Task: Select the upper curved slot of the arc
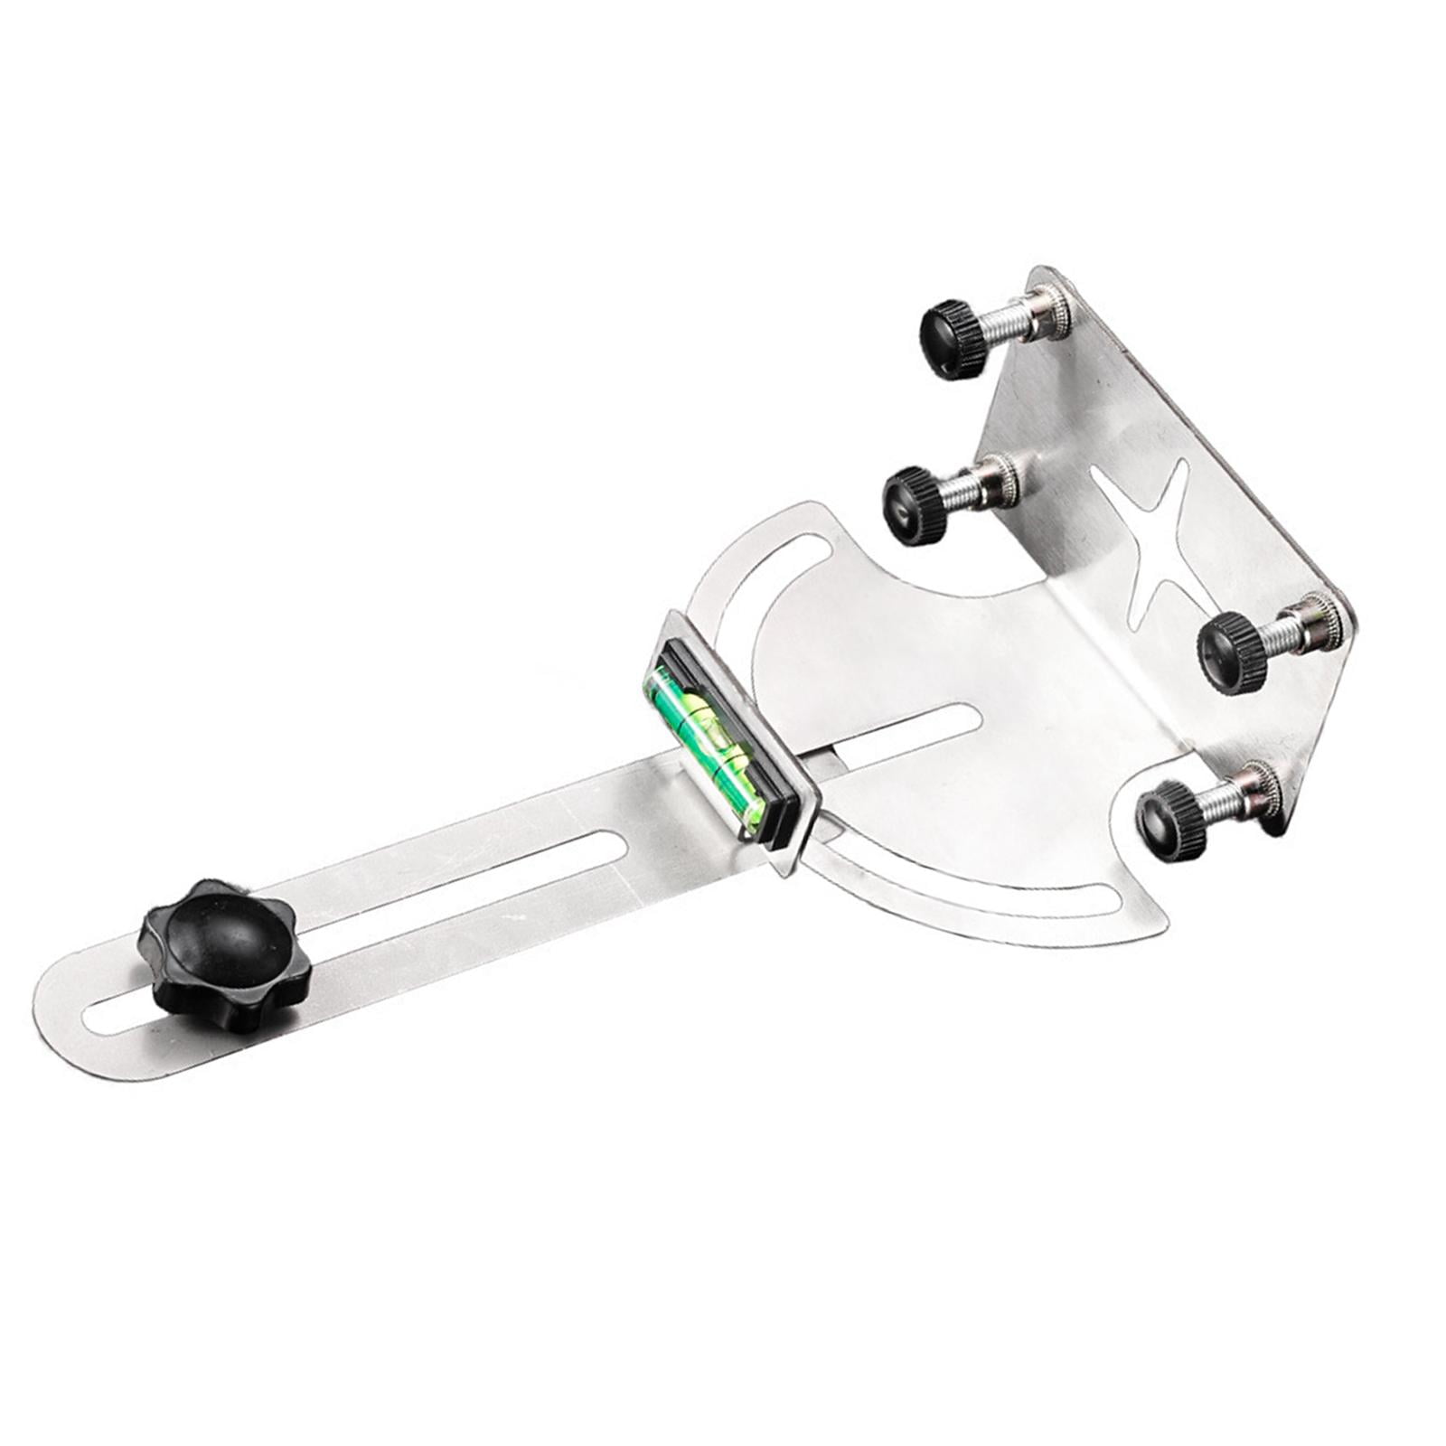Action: [750, 587]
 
